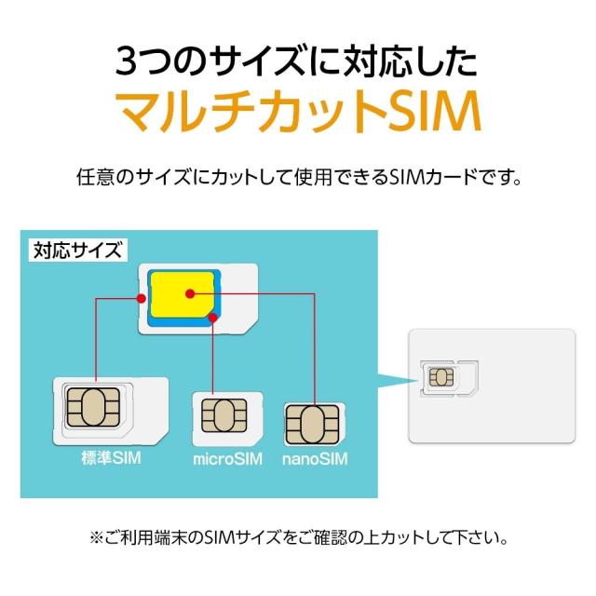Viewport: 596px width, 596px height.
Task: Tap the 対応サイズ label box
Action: click(78, 250)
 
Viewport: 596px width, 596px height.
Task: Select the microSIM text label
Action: click(228, 459)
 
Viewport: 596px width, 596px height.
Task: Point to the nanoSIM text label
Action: click(314, 459)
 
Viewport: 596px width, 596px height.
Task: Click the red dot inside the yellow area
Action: click(189, 294)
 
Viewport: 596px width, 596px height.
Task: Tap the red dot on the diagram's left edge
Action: click(140, 299)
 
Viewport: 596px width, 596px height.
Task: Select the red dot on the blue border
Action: click(213, 318)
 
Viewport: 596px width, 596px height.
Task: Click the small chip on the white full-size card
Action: click(441, 376)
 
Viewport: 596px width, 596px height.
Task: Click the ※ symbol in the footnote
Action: click(94, 538)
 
